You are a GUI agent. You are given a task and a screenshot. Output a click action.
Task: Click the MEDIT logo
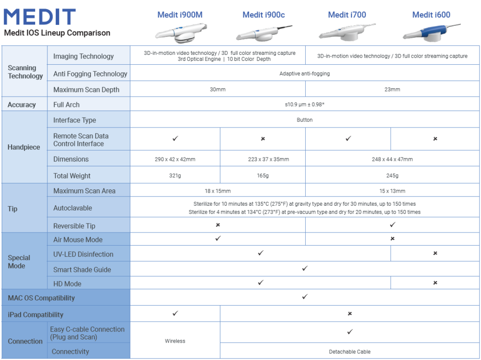click(39, 17)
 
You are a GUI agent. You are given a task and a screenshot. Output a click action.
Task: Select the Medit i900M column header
click(180, 15)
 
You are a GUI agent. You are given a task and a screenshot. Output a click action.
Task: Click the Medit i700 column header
click(347, 15)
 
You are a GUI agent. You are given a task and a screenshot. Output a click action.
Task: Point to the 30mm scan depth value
click(218, 90)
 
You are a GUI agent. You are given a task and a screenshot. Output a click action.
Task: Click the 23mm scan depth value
click(392, 90)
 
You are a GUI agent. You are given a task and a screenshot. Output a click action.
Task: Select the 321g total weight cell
click(175, 176)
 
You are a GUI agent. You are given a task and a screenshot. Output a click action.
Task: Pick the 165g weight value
click(263, 176)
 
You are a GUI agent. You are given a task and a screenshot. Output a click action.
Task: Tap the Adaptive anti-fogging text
click(304, 74)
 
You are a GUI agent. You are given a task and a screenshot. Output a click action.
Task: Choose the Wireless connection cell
click(175, 341)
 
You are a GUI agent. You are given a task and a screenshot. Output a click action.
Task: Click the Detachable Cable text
click(350, 352)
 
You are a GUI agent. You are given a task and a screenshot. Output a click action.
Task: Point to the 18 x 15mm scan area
click(218, 191)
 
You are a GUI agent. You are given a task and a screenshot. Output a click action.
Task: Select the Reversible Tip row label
click(74, 226)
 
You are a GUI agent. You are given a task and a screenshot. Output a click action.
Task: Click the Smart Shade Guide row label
click(82, 270)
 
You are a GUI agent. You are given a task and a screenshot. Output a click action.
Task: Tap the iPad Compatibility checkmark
click(175, 314)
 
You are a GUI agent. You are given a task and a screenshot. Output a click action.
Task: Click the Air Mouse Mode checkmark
click(218, 239)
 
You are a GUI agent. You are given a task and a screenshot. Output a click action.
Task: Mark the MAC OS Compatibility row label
click(41, 298)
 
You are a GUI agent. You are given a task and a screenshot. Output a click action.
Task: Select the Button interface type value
click(304, 120)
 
